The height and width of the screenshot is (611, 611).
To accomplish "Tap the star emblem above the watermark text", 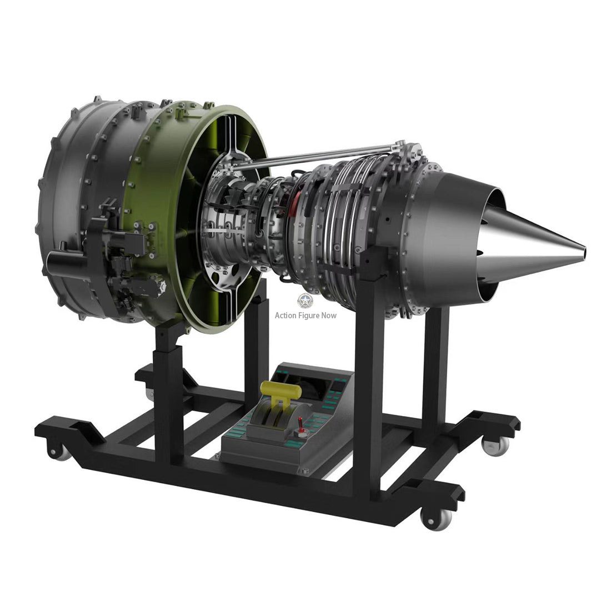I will click(x=305, y=301).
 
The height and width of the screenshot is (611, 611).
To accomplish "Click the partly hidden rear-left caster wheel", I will click(x=150, y=393).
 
